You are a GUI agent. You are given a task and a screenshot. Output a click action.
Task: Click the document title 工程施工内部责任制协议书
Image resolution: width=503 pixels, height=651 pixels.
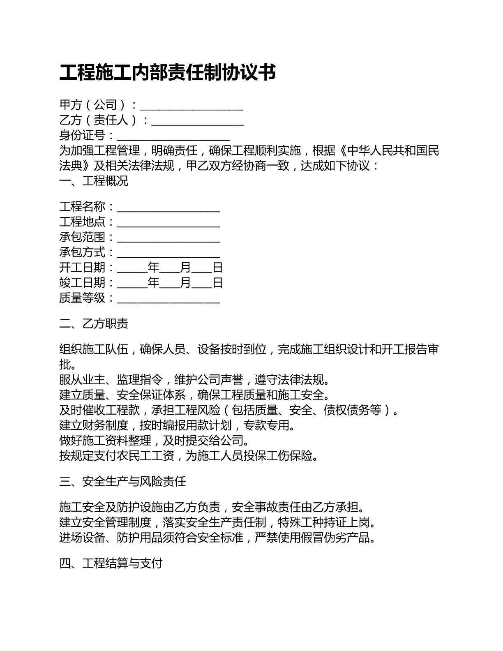click(168, 72)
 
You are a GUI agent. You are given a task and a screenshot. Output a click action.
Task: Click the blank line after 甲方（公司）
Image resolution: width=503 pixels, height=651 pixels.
click(192, 107)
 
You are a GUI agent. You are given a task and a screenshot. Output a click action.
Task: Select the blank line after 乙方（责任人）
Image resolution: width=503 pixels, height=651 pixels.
click(198, 122)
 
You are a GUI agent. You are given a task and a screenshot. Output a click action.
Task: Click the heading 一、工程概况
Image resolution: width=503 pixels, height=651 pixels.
click(94, 181)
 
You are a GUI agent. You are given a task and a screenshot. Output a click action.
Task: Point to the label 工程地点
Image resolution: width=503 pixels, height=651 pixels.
click(82, 222)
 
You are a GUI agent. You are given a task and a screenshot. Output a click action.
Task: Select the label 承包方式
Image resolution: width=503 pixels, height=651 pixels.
click(82, 252)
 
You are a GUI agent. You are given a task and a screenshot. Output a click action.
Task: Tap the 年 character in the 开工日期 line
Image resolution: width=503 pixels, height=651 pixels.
click(153, 268)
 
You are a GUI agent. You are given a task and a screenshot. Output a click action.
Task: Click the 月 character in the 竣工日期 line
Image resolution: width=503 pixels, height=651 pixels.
click(186, 283)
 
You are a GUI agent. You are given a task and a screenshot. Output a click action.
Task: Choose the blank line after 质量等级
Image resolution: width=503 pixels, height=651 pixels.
click(168, 299)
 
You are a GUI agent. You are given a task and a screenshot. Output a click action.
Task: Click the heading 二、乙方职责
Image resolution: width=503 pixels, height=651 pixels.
click(94, 323)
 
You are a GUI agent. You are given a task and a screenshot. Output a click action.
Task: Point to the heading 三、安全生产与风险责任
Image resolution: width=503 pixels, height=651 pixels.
click(122, 481)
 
